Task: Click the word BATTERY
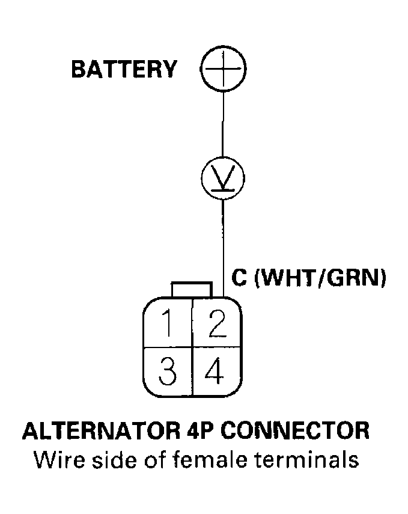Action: pyautogui.click(x=123, y=69)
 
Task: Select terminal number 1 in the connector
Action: pyautogui.click(x=169, y=326)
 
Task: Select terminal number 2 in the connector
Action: pyautogui.click(x=215, y=326)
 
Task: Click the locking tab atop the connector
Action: pyautogui.click(x=191, y=289)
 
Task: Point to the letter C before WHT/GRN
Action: pyautogui.click(x=239, y=278)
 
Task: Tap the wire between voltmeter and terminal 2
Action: pyautogui.click(x=223, y=246)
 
